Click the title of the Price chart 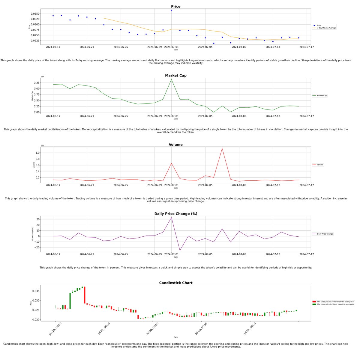pos(175,7)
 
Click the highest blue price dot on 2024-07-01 pos(171,10)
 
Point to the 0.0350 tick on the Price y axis pos(35,14)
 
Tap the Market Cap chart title pos(175,76)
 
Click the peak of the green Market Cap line pos(171,79)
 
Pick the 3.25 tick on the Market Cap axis pos(36,83)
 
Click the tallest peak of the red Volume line pos(222,148)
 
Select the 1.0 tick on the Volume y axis pos(37,153)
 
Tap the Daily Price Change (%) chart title pos(175,214)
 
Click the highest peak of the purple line pos(171,217)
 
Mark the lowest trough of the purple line pos(180,250)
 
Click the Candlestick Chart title pos(175,283)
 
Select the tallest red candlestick pos(85,295)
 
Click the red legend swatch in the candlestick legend pos(314,302)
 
